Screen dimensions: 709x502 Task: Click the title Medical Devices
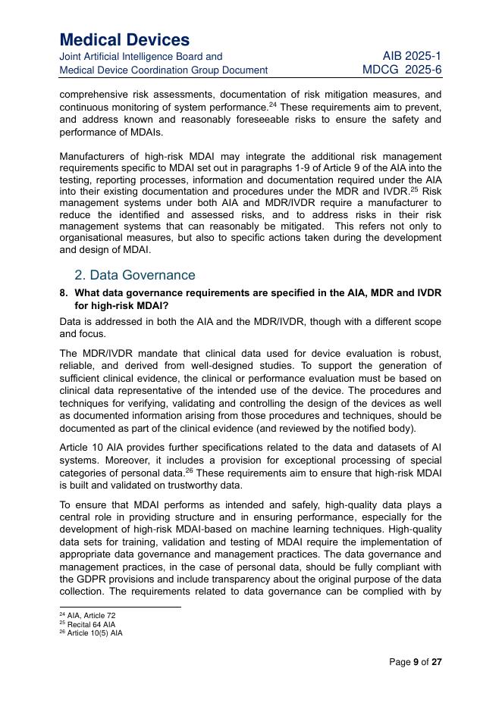[124, 39]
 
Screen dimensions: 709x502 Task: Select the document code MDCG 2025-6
[402, 70]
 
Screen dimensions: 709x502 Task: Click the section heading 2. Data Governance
[135, 275]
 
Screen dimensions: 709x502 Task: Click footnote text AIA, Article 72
[91, 616]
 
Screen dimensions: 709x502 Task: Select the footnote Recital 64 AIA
[91, 625]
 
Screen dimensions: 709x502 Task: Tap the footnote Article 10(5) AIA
[95, 633]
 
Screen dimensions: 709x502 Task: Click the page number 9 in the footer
[416, 662]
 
